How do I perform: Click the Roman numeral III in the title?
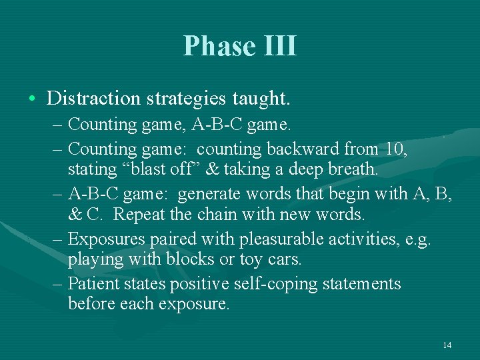point(279,47)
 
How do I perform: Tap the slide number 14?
point(447,345)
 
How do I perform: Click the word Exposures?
point(104,239)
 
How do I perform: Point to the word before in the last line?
point(91,304)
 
